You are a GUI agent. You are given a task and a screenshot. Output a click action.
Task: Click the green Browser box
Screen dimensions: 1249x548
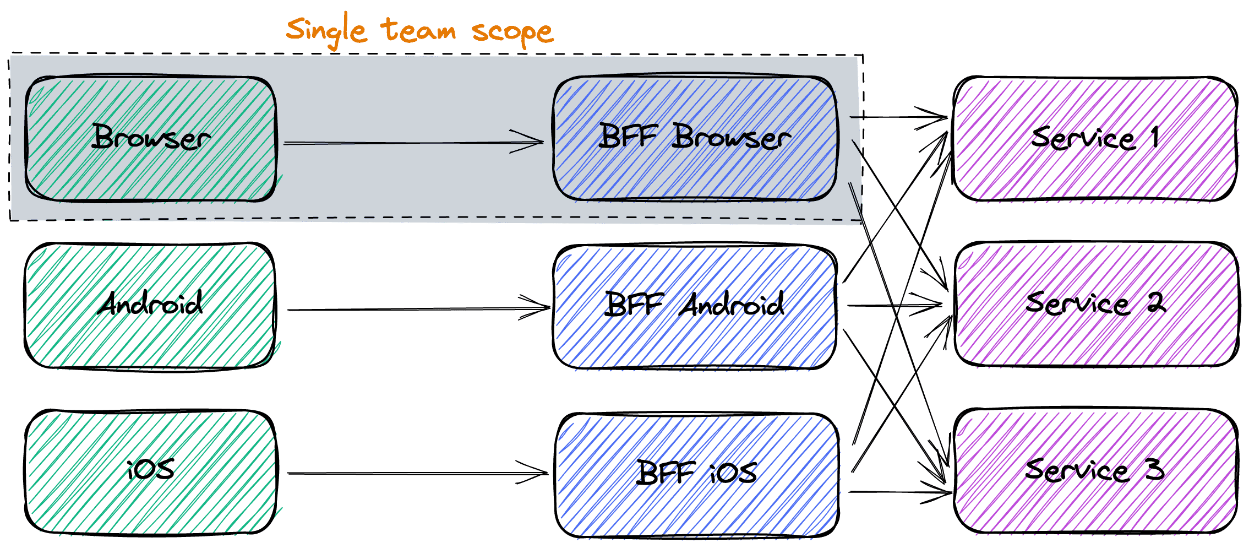click(x=151, y=138)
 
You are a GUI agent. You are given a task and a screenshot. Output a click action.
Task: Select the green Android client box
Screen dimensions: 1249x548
click(x=150, y=306)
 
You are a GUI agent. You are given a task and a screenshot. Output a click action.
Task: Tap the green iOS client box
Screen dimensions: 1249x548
click(x=151, y=472)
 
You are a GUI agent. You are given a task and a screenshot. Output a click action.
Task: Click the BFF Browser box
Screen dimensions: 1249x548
click(x=695, y=138)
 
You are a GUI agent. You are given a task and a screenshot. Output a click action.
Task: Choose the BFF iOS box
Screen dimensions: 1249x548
click(x=697, y=474)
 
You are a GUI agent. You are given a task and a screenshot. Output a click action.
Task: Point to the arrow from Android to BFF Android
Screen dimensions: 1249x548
click(x=419, y=308)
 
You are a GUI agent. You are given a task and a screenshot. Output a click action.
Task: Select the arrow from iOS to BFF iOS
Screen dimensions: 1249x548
click(x=418, y=473)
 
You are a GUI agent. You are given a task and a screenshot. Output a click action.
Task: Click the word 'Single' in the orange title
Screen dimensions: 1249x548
click(x=326, y=31)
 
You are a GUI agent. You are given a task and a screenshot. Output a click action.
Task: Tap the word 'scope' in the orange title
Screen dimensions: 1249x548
click(x=512, y=32)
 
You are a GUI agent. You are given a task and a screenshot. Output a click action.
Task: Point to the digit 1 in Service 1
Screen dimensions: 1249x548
click(x=1154, y=136)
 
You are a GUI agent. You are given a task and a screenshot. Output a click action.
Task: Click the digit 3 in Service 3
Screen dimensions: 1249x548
click(x=1154, y=469)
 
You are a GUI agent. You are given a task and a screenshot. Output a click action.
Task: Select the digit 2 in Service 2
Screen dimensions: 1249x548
click(x=1156, y=302)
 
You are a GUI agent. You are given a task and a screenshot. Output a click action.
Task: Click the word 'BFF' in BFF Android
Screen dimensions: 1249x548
click(x=634, y=304)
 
